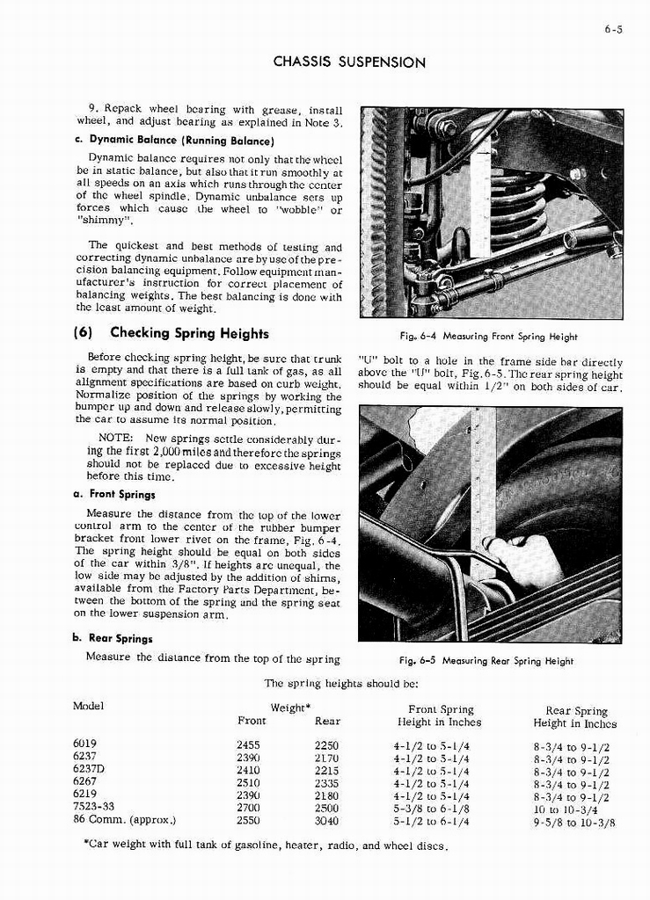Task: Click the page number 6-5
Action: pyautogui.click(x=613, y=30)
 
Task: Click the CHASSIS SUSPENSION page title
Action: pyautogui.click(x=350, y=62)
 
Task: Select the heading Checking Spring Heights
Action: pyautogui.click(x=172, y=334)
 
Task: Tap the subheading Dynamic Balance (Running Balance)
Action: pyautogui.click(x=175, y=141)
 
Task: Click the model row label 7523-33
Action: pyautogui.click(x=94, y=807)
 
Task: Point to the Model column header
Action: pyautogui.click(x=88, y=706)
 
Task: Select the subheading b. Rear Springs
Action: pyautogui.click(x=113, y=639)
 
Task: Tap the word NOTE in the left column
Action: pyautogui.click(x=115, y=438)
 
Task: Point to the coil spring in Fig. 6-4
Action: pyautogui.click(x=520, y=211)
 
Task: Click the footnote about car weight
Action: pyautogui.click(x=265, y=847)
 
